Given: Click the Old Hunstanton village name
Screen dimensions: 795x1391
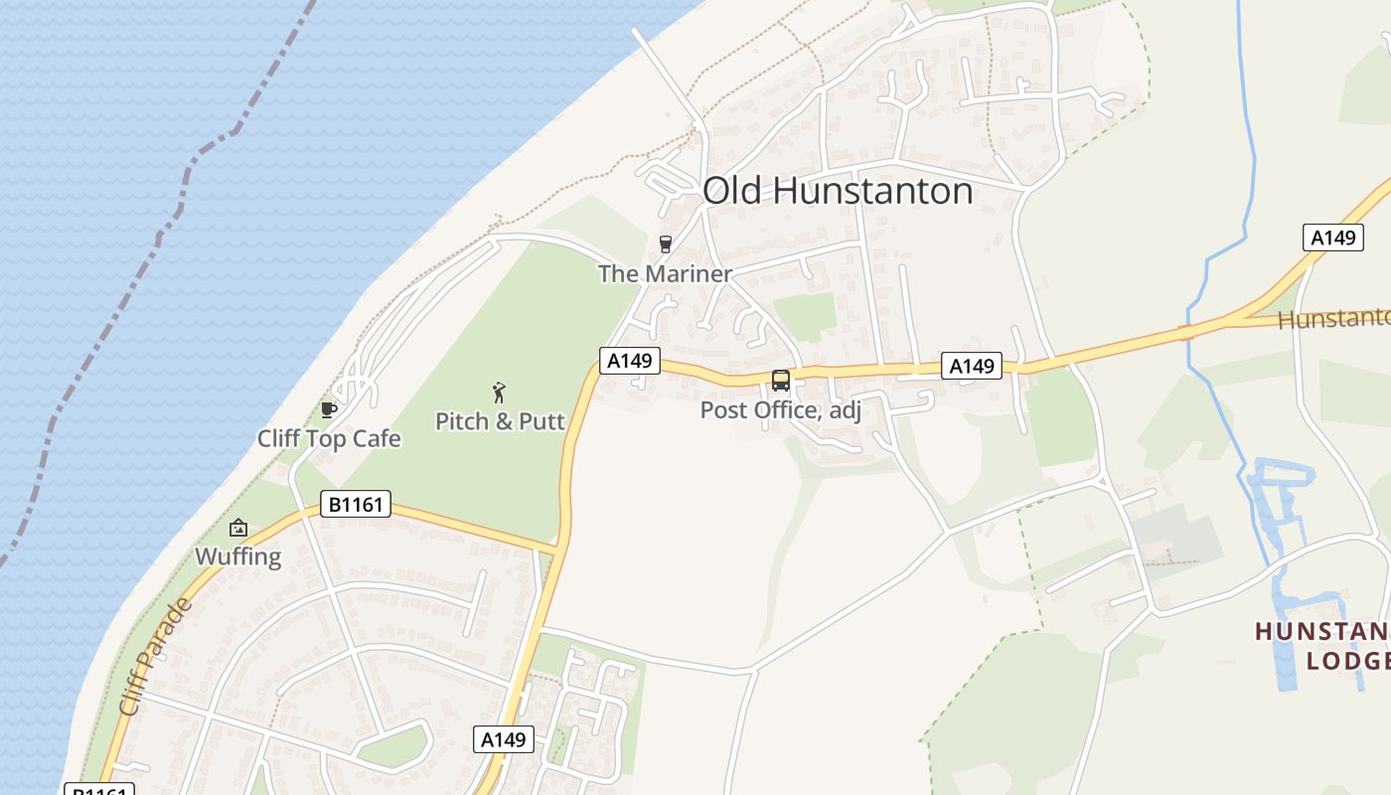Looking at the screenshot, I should [x=838, y=191].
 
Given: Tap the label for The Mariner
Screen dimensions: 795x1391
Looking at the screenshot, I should [x=665, y=273].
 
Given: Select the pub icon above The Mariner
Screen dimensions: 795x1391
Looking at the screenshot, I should [x=666, y=244].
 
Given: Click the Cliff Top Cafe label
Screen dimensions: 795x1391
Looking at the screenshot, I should [x=329, y=438].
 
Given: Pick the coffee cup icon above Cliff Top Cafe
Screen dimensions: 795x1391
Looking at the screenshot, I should [x=329, y=409].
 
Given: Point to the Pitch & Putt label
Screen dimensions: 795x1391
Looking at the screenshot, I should [x=500, y=420].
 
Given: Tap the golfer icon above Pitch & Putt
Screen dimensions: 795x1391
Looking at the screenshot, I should [x=500, y=393].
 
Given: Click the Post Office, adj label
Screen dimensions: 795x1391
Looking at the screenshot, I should [x=780, y=409].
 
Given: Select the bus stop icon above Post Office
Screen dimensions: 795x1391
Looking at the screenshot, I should [x=781, y=381].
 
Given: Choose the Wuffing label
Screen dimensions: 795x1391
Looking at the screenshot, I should [x=238, y=556].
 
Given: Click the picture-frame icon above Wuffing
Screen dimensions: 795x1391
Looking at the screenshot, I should [x=238, y=528].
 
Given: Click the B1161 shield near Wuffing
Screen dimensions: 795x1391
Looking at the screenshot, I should [x=356, y=505].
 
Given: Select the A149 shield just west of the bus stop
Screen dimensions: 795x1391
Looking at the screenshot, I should [x=629, y=360].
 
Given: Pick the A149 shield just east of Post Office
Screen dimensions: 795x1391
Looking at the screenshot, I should [x=972, y=366].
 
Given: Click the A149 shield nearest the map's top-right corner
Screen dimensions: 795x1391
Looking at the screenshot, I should [x=1332, y=238].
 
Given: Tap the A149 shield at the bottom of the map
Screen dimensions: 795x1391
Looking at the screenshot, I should [x=505, y=739].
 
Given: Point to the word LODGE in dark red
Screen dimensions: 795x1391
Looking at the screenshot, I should [x=1346, y=661].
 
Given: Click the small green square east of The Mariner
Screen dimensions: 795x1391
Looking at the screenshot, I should [x=805, y=316].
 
